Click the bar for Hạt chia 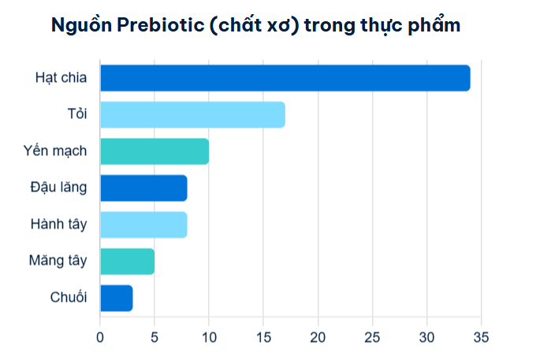point(285,78)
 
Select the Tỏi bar point(192,115)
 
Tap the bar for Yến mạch point(155,151)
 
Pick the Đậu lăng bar point(143,188)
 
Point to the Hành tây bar point(143,225)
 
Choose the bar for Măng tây point(127,261)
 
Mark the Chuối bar point(117,298)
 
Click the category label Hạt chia point(61,78)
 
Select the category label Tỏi point(77,115)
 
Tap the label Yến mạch point(55,151)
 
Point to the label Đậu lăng point(58,188)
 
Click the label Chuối point(69,298)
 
